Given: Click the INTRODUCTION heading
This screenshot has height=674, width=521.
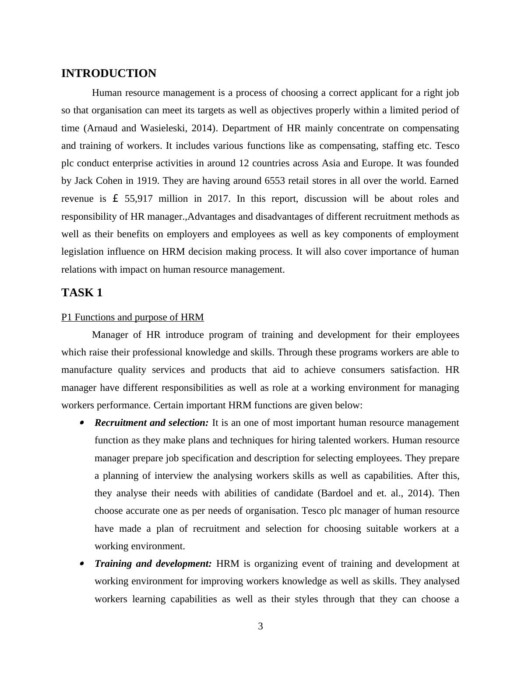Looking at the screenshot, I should [x=109, y=74].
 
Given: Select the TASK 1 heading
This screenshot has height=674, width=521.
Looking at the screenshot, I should [x=82, y=293].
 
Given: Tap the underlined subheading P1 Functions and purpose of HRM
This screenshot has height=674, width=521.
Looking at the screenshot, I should [x=132, y=317].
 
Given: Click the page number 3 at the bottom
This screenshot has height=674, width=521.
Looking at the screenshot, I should [x=260, y=626].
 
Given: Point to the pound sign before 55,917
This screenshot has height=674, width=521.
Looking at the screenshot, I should [x=116, y=199].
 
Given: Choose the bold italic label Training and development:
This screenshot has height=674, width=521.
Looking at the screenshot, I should [x=153, y=564].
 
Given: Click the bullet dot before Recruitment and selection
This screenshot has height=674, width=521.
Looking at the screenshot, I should [x=81, y=423].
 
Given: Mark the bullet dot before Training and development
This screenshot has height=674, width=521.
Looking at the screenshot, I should [x=81, y=564].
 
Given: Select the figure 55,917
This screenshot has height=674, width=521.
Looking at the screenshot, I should [x=138, y=199].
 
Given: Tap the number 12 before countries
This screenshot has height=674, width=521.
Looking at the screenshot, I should [x=244, y=163].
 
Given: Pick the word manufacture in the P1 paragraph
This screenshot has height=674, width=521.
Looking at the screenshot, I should [x=87, y=370].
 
